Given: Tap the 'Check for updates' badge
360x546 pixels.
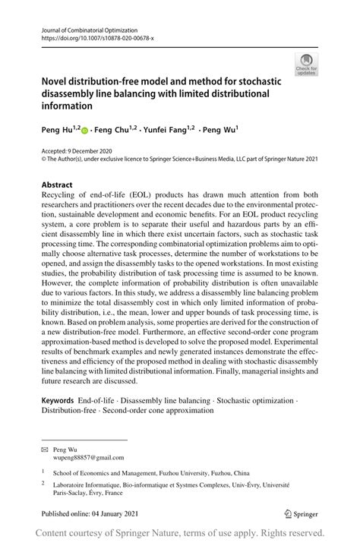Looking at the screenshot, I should [x=306, y=64].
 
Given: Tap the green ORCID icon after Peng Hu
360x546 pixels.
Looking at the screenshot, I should [x=85, y=131].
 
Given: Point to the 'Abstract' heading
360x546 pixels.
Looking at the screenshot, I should [x=57, y=185].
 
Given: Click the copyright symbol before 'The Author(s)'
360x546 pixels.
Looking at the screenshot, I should [x=43, y=160].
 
